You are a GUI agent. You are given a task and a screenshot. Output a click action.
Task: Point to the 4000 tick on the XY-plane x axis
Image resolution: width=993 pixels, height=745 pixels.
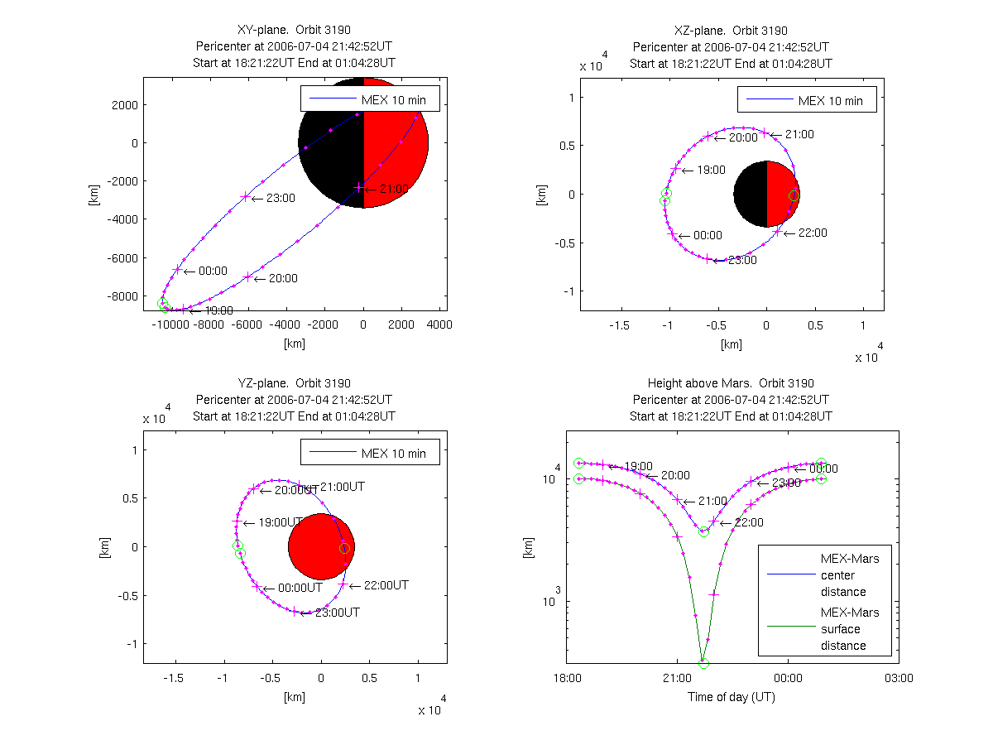click(439, 326)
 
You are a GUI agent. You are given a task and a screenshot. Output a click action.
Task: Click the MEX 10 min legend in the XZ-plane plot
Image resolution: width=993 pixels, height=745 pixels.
click(807, 100)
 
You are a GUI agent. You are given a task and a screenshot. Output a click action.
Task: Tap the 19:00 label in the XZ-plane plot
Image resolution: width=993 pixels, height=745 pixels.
click(711, 170)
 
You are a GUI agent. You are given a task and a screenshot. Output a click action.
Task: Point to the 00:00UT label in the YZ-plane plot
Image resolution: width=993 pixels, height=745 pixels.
click(297, 588)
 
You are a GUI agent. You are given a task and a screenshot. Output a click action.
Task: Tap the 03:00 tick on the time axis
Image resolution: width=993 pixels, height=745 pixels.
click(899, 678)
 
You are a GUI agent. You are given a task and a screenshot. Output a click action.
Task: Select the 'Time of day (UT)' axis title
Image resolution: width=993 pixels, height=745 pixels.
click(732, 697)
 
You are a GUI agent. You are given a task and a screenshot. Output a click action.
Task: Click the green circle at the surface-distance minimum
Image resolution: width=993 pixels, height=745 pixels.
click(704, 663)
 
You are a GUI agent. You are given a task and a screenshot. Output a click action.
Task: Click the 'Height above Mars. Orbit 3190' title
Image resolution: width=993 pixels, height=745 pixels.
click(731, 383)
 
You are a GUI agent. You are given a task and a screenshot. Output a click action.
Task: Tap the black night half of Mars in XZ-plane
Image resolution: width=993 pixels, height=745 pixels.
click(750, 195)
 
